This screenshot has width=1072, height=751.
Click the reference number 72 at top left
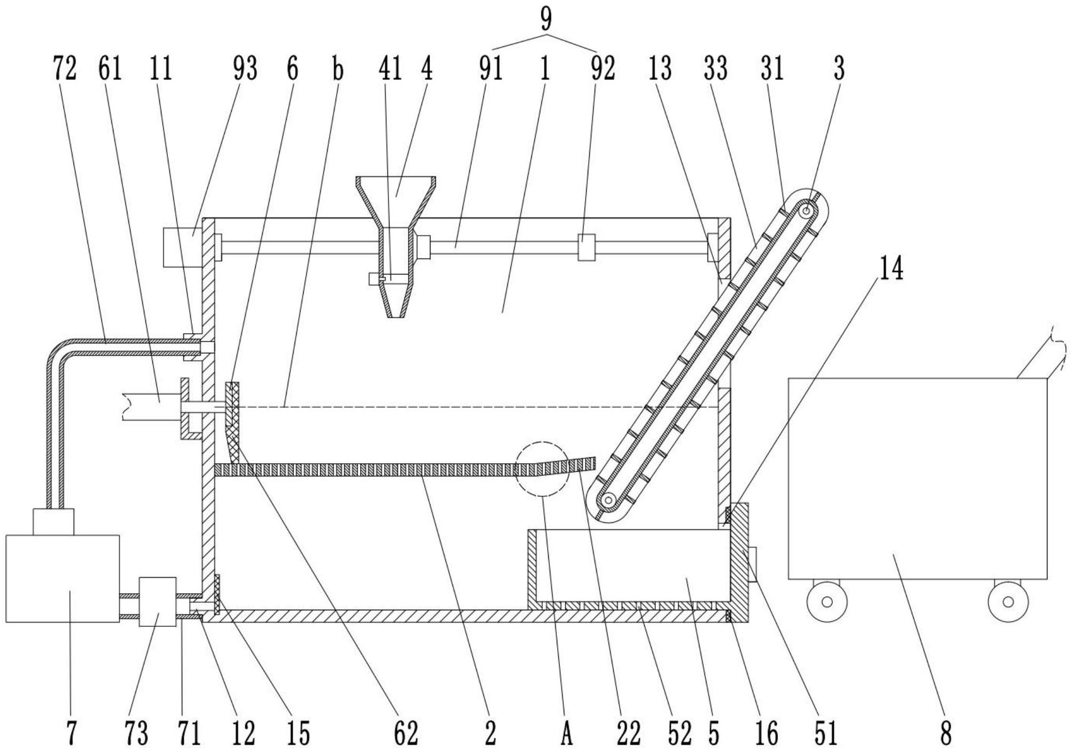(65, 69)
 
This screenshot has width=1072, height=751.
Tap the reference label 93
(245, 69)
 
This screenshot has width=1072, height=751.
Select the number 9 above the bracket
(546, 20)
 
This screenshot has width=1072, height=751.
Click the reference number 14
(891, 269)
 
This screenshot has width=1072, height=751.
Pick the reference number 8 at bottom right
(946, 733)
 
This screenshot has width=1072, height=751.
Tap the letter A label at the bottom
(566, 734)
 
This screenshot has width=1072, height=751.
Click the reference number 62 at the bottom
(406, 733)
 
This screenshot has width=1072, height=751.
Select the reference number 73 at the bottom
(136, 733)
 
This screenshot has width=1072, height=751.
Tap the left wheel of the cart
(827, 602)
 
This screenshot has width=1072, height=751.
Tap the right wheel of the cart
(1008, 602)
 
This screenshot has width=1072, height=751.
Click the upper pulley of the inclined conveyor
(807, 211)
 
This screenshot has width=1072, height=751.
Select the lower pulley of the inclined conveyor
(607, 500)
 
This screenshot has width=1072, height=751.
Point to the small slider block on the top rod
(586, 247)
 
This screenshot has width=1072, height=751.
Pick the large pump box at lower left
(62, 578)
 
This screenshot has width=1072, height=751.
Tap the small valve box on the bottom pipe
(157, 602)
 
